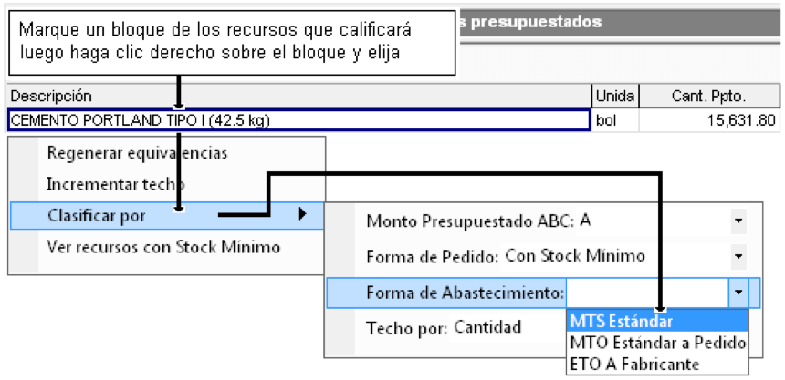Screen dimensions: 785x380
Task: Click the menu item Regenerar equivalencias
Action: tap(137, 153)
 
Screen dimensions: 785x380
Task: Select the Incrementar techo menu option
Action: tap(116, 184)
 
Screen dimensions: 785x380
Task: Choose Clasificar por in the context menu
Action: tap(96, 216)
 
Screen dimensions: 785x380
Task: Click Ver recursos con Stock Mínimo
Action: tap(163, 247)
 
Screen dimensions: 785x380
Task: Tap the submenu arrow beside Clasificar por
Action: tap(302, 214)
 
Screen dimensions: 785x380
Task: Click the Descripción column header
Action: tap(51, 96)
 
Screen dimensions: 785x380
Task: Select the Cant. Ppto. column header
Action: tap(710, 96)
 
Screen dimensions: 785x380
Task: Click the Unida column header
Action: tap(615, 96)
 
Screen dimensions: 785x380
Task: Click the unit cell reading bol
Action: tap(606, 120)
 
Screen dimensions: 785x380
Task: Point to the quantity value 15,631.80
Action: tap(740, 120)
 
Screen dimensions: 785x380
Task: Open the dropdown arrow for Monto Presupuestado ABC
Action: tap(738, 221)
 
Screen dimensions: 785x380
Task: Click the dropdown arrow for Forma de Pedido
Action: tap(738, 256)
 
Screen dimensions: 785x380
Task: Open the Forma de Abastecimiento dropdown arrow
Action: tap(738, 293)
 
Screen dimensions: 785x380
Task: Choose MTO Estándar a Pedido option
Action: tap(657, 343)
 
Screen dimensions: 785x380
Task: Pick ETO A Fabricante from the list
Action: tap(634, 364)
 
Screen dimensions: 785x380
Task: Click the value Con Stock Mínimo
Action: tap(575, 256)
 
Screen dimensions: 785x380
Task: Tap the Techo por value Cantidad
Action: tap(487, 327)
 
